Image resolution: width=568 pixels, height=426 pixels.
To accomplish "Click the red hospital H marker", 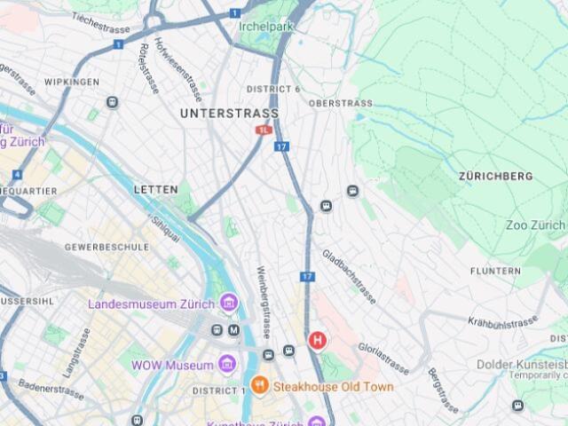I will pos(316,340).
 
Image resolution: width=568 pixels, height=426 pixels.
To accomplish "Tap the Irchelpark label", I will pos(266,25).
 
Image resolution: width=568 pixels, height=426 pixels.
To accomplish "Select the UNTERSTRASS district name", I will pos(229,114).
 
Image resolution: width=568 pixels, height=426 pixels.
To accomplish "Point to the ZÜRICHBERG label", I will pos(496,177).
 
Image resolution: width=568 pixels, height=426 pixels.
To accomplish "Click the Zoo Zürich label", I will pos(534,225).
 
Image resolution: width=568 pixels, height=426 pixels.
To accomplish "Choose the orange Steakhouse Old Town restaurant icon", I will pos(259,386).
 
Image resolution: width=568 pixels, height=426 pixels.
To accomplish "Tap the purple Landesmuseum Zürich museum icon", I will pos(230,304).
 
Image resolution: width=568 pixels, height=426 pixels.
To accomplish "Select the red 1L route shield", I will pos(264,130).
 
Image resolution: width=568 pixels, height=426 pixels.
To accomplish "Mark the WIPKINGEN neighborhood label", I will pos(72,82).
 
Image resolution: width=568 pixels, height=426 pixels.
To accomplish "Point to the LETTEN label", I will pos(156,190).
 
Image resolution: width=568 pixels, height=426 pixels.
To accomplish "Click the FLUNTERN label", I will pos(495,271).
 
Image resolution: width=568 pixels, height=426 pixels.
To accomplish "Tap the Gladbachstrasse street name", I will pos(350,276).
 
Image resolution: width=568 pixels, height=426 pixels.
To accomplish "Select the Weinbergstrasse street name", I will pos(264,302).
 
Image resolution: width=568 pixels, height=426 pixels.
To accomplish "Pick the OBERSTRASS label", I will pos(341,103).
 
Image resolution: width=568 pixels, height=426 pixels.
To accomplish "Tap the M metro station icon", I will pos(234,330).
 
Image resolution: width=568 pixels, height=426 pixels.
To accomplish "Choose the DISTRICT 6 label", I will pos(273,89).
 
